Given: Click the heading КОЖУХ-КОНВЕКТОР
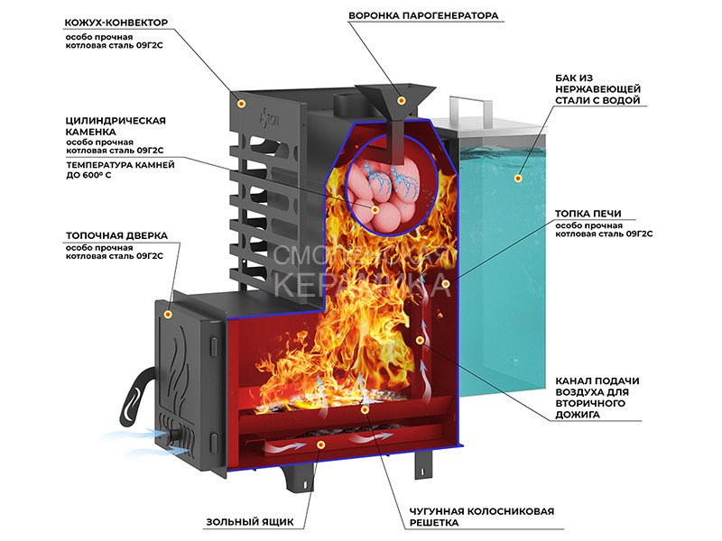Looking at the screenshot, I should click(x=116, y=21).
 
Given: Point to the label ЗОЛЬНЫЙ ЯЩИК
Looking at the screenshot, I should click(x=247, y=521).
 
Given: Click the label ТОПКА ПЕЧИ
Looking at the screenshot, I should click(x=588, y=214).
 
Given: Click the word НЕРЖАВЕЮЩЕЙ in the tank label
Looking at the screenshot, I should click(x=598, y=89).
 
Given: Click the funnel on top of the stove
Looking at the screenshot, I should click(x=394, y=95).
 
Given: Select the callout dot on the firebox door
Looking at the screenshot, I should click(x=167, y=314).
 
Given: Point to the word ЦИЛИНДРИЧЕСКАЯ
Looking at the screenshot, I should click(x=116, y=120).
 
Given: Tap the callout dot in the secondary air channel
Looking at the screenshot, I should click(x=421, y=340).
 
